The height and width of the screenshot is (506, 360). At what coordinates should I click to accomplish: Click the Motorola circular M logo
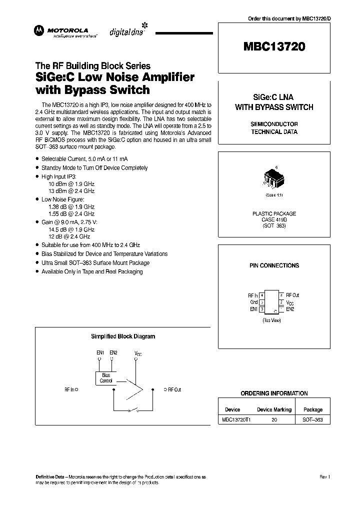(x=38, y=31)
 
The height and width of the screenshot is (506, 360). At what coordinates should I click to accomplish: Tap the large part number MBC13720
(x=274, y=47)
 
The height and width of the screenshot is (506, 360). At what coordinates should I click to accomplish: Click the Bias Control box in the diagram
(x=106, y=378)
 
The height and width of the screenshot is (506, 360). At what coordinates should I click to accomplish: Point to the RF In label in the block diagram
(x=70, y=389)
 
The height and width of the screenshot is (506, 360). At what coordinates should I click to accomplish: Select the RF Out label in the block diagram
(x=174, y=389)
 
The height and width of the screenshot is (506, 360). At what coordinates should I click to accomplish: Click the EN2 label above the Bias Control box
(x=113, y=352)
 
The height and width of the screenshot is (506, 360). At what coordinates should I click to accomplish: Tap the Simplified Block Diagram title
(x=123, y=336)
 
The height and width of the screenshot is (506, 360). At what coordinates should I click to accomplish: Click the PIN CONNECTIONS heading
(x=274, y=265)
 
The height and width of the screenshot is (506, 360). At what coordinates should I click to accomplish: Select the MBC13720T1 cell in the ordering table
(x=236, y=420)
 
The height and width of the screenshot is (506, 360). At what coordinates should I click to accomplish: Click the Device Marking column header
(x=274, y=409)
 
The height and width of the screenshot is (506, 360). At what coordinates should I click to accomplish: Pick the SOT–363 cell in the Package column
(x=312, y=420)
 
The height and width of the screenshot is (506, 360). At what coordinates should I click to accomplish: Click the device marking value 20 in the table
(x=274, y=420)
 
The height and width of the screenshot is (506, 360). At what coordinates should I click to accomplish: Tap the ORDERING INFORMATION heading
(x=274, y=393)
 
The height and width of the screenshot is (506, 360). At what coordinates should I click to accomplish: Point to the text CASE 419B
(x=273, y=219)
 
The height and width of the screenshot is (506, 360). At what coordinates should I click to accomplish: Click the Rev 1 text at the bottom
(x=324, y=477)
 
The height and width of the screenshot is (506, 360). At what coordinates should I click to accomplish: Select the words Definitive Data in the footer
(x=51, y=477)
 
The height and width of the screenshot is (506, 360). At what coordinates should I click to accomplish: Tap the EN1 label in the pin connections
(x=253, y=309)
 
